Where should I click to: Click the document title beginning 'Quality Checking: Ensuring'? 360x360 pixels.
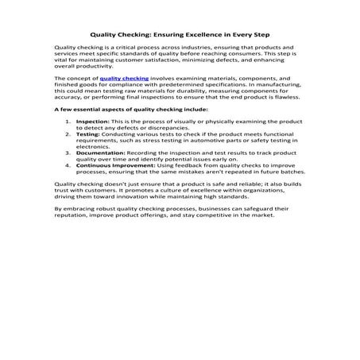[180, 36]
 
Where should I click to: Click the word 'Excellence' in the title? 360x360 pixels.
[207, 36]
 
